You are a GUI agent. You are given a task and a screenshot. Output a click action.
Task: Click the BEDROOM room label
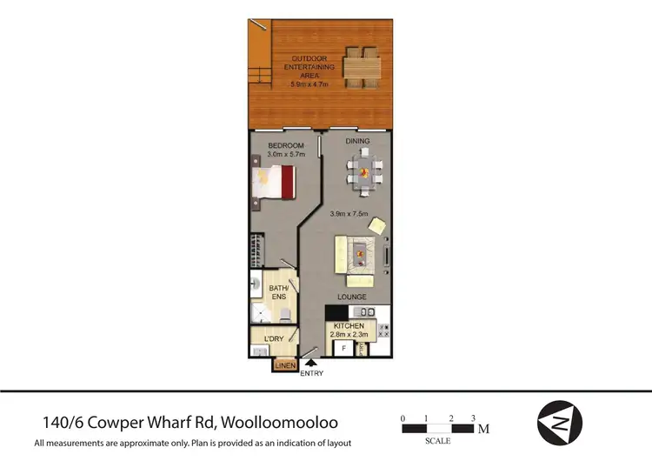(x=285, y=144)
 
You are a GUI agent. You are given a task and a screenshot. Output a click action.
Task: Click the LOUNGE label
(x=351, y=297)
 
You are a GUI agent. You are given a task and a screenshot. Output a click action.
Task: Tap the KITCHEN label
(x=348, y=325)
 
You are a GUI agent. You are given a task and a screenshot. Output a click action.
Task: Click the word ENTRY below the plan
(x=311, y=374)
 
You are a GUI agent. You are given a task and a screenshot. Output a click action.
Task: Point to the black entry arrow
(x=310, y=363)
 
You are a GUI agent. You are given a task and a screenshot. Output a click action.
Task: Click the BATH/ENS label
(x=277, y=291)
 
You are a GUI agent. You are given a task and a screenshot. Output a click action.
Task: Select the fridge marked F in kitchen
(x=343, y=349)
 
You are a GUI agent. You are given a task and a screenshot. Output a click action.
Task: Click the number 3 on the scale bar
(x=474, y=418)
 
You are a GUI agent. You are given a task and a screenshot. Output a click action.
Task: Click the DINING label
(x=357, y=141)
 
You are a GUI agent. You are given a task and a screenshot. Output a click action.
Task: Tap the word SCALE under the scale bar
(x=437, y=440)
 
